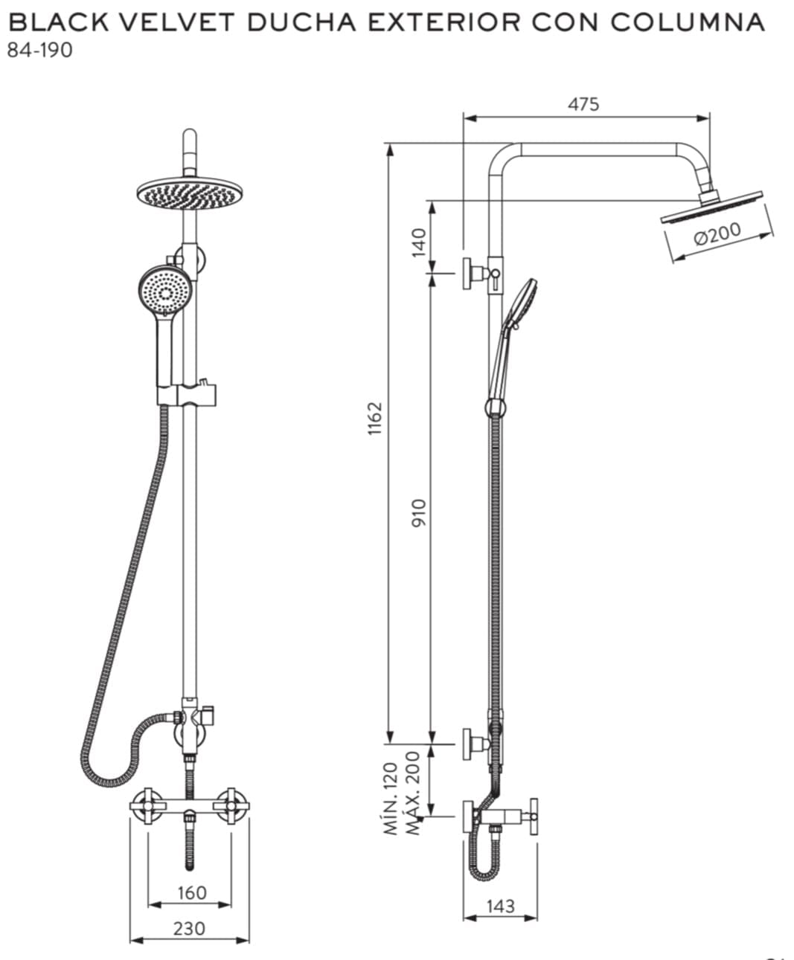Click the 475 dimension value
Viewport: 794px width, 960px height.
583,104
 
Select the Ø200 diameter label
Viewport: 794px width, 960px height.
717,233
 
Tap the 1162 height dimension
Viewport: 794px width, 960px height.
375,419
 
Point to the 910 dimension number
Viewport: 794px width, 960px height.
419,513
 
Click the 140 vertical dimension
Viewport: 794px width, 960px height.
419,242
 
